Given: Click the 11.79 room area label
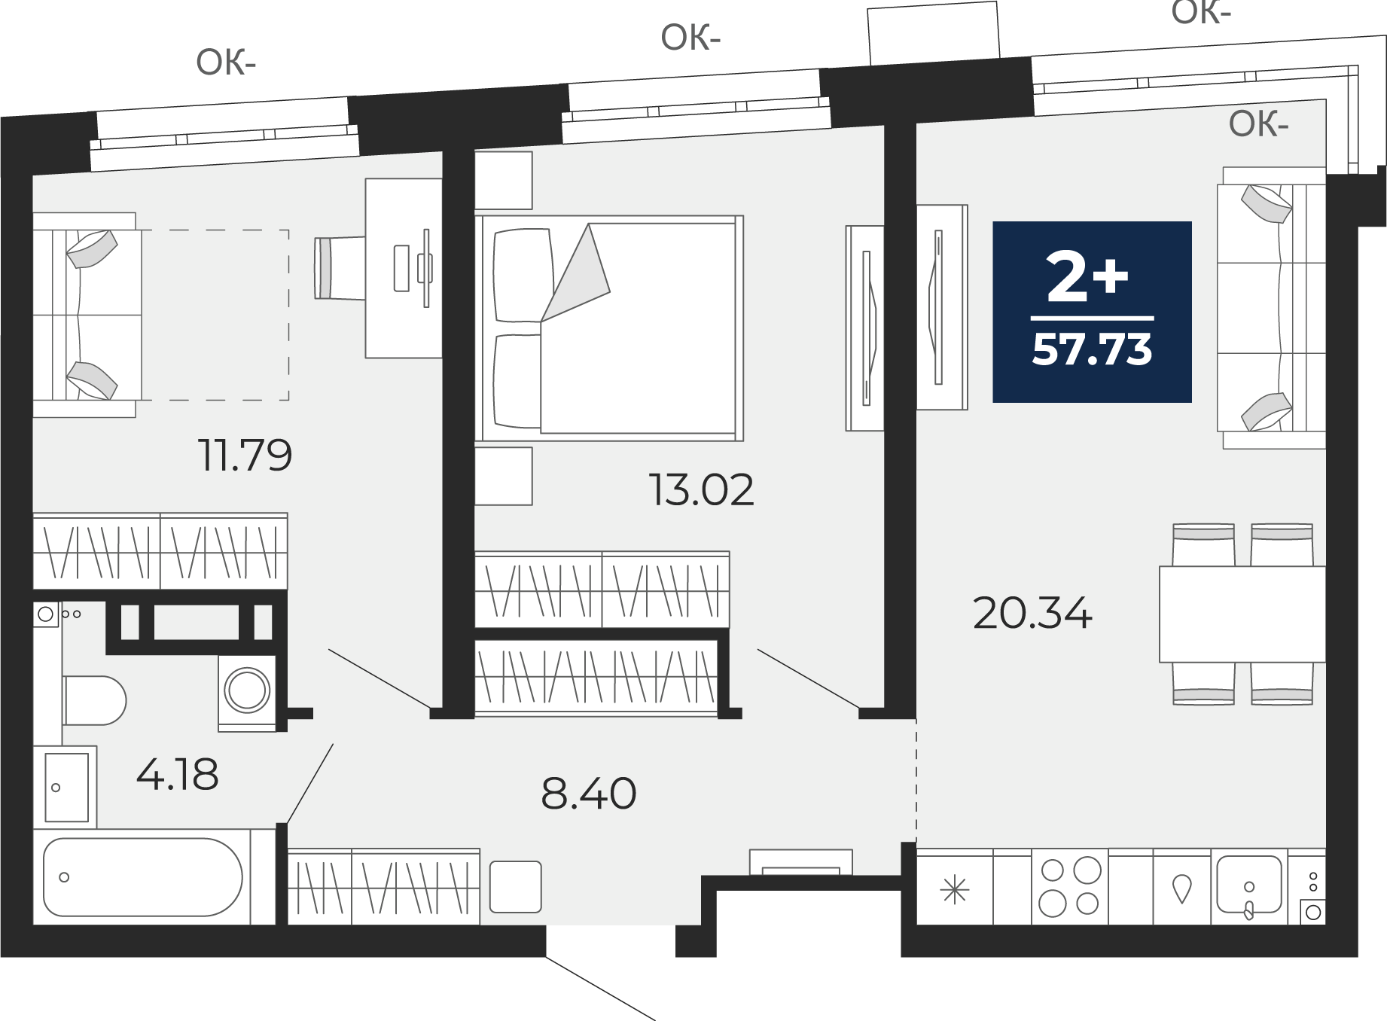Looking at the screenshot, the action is pos(245,455).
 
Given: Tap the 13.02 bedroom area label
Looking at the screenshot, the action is pos(701,490).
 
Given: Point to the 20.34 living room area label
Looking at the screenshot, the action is pos(1032,613).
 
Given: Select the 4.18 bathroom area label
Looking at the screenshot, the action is pos(178,774).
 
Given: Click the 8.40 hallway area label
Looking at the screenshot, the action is pos(589,793).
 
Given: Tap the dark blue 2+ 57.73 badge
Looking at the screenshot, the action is pos(1092,312).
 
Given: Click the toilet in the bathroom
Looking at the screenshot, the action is pos(94,700).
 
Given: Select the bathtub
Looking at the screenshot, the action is pos(143,877).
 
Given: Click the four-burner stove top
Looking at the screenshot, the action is pos(1070,887).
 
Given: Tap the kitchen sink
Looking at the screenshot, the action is pos(1248,885).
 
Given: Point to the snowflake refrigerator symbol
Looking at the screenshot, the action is pos(955,891).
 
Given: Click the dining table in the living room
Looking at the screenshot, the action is pos(1242,614).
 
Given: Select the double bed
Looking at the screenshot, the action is pos(609,328).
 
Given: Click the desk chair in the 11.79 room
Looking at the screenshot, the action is pos(340,268).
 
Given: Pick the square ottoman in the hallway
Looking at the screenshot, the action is pos(516,887).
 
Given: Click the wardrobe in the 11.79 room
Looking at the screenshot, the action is pos(160,551).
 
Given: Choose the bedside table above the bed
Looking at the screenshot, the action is pos(504,181).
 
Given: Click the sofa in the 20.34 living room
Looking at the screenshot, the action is pos(1272,308).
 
